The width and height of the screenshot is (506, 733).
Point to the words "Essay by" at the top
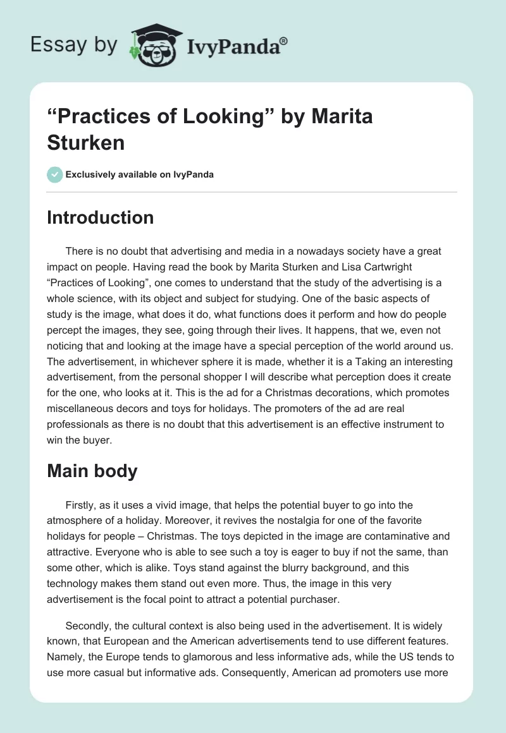pos(73,45)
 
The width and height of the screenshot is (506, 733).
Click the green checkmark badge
pos(55,174)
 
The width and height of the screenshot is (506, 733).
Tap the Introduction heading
pos(101,217)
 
